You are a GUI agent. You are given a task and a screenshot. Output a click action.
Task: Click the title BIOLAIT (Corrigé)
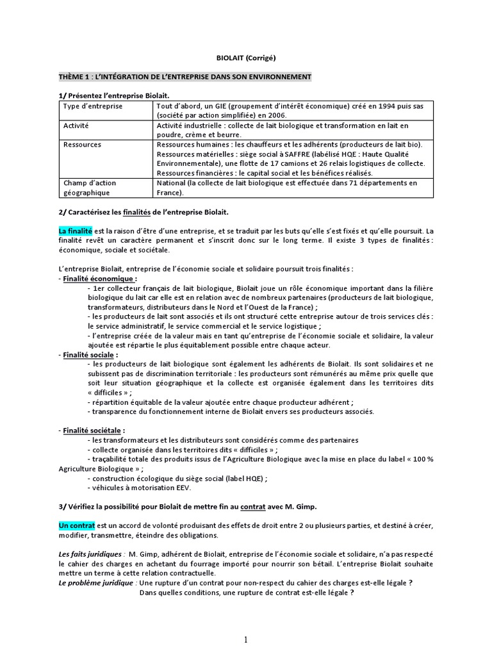tap(246, 58)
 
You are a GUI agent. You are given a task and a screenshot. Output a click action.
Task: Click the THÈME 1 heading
tap(185, 77)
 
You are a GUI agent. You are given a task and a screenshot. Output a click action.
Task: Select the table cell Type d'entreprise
tap(93, 106)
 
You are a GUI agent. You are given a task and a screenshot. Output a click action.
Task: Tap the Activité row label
tap(76, 126)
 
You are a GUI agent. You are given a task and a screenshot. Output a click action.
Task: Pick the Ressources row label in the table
tap(82, 145)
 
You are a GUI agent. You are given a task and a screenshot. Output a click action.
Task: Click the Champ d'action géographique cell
tap(90, 188)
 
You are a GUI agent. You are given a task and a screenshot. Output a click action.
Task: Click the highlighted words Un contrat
tap(76, 525)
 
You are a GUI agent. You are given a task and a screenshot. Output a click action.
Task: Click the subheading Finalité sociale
tap(89, 354)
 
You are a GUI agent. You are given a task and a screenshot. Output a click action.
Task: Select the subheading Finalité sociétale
tap(94, 430)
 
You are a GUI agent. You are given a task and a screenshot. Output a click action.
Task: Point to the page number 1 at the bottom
tap(246, 639)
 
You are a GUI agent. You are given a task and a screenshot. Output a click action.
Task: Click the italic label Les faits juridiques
tap(90, 553)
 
